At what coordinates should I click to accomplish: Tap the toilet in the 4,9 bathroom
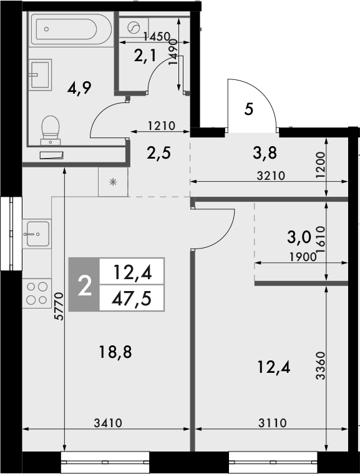click(x=50, y=129)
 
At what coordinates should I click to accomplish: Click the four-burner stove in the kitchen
click(x=37, y=293)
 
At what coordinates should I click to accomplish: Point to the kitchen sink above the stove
click(x=37, y=235)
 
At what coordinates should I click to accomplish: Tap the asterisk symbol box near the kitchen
click(x=112, y=182)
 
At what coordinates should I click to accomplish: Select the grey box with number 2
click(x=84, y=285)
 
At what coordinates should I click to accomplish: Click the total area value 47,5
click(x=131, y=297)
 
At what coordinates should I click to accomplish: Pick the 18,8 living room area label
click(x=116, y=352)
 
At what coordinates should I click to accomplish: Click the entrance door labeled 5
click(x=250, y=110)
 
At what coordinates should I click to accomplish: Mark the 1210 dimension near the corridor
click(x=160, y=126)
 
